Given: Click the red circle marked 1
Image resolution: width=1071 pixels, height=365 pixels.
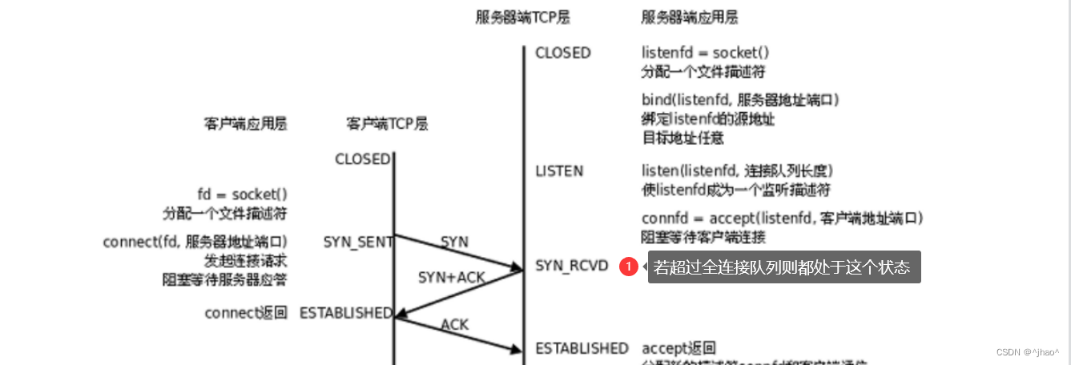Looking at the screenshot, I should (x=629, y=267).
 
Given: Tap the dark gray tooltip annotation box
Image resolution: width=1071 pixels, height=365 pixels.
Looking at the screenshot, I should (x=783, y=267).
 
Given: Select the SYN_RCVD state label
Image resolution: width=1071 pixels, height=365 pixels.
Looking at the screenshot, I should (x=572, y=265).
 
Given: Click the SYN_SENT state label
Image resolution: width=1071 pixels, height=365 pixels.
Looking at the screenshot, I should (x=358, y=242).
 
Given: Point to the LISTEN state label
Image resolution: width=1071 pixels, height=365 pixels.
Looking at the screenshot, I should (x=559, y=171).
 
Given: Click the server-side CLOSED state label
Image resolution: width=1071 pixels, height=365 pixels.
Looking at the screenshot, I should (x=563, y=53).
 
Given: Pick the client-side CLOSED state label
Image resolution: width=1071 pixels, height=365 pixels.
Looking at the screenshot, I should (x=362, y=159).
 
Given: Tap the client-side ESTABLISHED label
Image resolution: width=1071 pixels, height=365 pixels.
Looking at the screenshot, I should (x=346, y=313).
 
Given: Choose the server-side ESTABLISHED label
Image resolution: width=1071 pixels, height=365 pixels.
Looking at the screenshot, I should (x=582, y=348).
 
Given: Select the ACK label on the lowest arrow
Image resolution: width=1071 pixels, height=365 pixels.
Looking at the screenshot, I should (x=455, y=324).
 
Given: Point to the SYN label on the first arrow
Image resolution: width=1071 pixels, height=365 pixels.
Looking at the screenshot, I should (x=454, y=242).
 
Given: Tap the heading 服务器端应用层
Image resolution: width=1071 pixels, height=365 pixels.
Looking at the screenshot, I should (x=690, y=17).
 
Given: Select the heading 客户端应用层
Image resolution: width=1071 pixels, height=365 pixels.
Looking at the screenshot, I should (x=245, y=124).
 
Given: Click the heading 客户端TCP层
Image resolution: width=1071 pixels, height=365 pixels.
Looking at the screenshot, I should (x=387, y=124).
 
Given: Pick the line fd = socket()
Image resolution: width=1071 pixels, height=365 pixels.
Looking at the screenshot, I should (x=242, y=195).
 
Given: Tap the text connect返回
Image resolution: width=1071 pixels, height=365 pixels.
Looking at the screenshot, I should (x=245, y=313).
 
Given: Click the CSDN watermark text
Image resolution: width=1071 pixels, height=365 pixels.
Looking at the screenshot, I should (x=1027, y=351).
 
